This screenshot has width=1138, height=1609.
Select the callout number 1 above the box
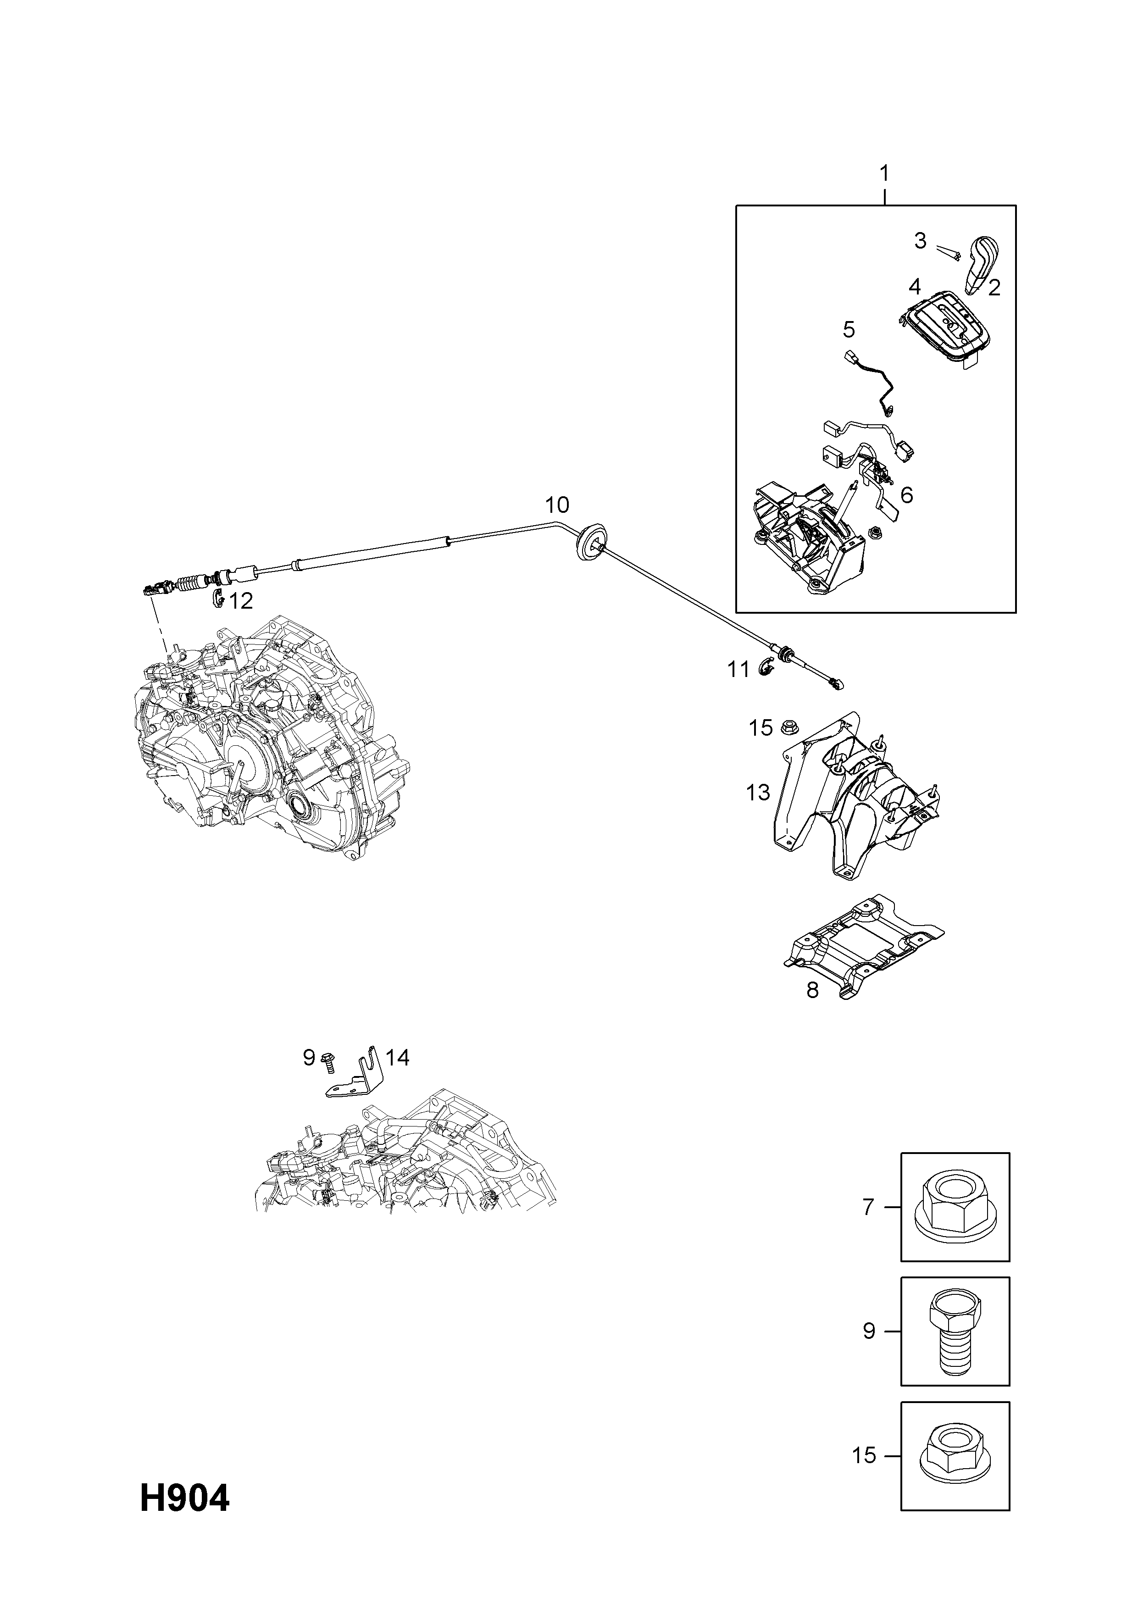click(884, 172)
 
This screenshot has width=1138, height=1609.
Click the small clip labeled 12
click(217, 598)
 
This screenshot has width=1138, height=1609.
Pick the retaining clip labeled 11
click(766, 668)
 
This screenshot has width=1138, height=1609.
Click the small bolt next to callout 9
click(327, 1082)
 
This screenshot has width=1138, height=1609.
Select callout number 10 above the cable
click(557, 504)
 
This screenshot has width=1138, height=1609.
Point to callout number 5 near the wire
click(849, 329)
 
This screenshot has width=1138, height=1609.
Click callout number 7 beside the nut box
click(868, 1207)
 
